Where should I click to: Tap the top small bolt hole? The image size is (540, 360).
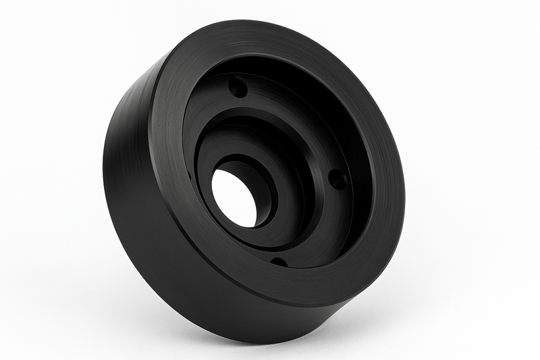(x=237, y=87)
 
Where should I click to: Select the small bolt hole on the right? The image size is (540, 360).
(x=337, y=179)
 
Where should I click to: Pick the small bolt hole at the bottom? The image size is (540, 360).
(x=277, y=261)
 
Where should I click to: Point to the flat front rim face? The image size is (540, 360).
(x=378, y=223)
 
